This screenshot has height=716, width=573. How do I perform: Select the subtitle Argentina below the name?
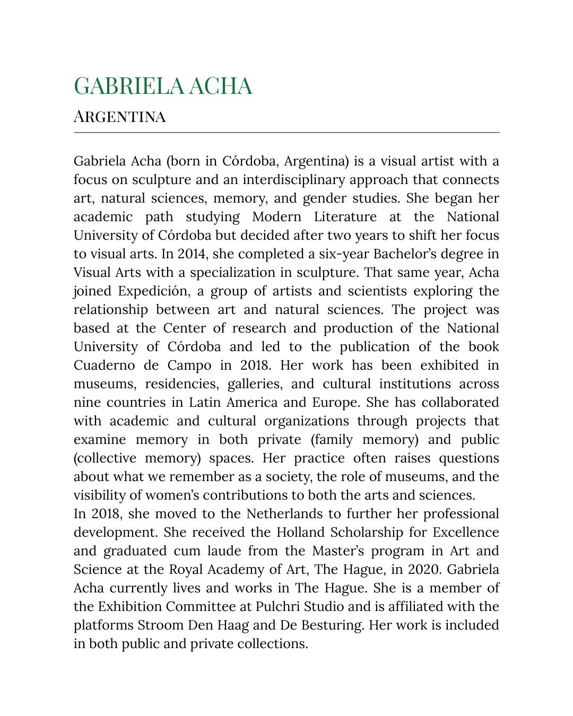[x=119, y=116]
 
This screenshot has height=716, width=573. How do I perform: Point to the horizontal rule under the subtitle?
[x=286, y=132]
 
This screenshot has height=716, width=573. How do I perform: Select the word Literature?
[x=345, y=217]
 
